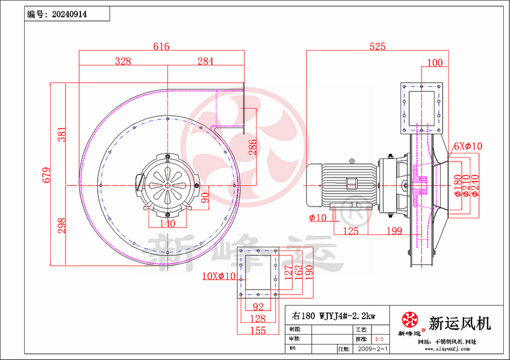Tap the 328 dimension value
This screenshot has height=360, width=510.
click(123, 61)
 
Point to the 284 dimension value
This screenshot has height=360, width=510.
click(205, 61)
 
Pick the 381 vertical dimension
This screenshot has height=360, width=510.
click(61, 134)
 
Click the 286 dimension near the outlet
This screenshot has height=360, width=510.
click(253, 147)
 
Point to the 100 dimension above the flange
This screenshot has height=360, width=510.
click(434, 62)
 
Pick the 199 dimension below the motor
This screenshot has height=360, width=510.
click(393, 231)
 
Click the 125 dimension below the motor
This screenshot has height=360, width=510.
click(350, 231)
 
